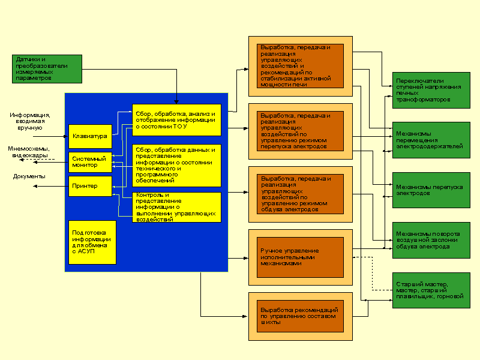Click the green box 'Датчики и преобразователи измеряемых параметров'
[47, 69]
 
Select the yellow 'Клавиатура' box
[91, 136]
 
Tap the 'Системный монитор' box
[91, 162]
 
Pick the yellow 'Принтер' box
[91, 186]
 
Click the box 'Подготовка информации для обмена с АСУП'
[92, 242]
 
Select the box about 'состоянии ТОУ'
[176, 119]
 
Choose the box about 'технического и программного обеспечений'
[176, 164]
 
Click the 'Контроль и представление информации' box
[176, 207]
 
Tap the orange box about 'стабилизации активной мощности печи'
[301, 66]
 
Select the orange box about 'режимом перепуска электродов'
[301, 131]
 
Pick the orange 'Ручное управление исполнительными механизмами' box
[301, 257]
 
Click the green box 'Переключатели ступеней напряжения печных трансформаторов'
[431, 90]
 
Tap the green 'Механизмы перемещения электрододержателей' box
[431, 140]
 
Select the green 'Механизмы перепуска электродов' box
[431, 190]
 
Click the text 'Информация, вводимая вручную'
[30, 121]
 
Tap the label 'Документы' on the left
[29, 176]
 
